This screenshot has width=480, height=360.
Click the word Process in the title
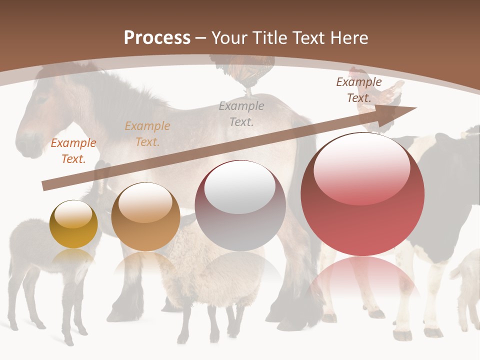click(157, 37)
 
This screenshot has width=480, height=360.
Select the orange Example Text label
click(73, 151)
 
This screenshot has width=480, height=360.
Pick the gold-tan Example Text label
click(147, 134)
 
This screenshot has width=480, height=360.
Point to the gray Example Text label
click(241, 113)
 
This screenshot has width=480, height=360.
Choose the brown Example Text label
click(359, 90)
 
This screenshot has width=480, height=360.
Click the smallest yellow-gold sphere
click(73, 224)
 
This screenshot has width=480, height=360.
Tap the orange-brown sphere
click(145, 217)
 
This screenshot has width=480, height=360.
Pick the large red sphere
click(362, 195)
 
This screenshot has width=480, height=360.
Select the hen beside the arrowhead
click(387, 95)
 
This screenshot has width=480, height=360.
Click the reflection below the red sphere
click(362, 280)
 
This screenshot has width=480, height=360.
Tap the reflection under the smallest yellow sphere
click(73, 260)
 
